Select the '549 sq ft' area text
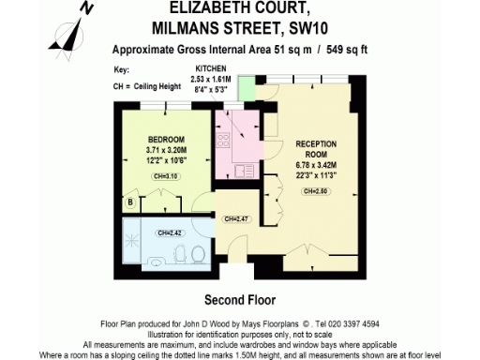pyautogui.click(x=345, y=50)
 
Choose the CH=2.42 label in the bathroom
pyautogui.click(x=170, y=232)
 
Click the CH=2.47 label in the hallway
pyautogui.click(x=238, y=218)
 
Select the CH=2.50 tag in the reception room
pyautogui.click(x=316, y=191)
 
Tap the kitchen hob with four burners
pyautogui.click(x=224, y=142)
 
